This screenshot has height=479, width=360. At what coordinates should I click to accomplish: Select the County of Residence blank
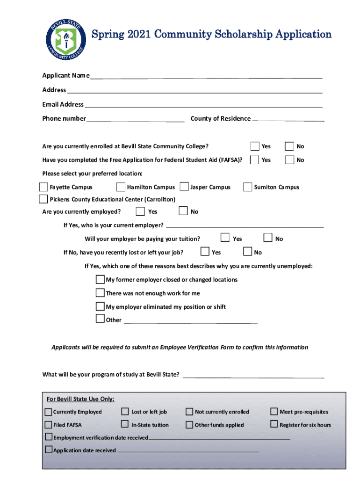point(288,118)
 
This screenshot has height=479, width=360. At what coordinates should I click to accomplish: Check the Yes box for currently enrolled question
point(255,146)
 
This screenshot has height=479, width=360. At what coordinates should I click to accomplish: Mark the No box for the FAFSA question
point(290,160)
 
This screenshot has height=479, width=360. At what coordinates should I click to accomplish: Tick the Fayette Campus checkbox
point(43,187)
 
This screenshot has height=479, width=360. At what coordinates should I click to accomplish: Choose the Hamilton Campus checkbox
point(121,187)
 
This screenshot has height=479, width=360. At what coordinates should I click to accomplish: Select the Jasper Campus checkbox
point(184,187)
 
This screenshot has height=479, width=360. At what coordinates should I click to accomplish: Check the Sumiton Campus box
point(247,187)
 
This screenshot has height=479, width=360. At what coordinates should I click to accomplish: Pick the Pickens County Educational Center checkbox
point(43,199)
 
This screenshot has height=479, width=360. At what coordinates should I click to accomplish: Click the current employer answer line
point(244,226)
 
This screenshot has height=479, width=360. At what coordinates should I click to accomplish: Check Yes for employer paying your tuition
point(226,238)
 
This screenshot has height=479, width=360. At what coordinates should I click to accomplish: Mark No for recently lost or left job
point(248,252)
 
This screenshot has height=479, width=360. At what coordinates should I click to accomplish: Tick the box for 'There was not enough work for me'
point(100,293)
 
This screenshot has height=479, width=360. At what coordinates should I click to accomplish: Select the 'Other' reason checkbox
point(100,319)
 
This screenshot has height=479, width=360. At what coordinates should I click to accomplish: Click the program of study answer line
point(253,375)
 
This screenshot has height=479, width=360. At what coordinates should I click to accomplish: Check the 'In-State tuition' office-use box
point(125,424)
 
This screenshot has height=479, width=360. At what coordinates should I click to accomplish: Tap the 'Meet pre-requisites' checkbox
point(274,412)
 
